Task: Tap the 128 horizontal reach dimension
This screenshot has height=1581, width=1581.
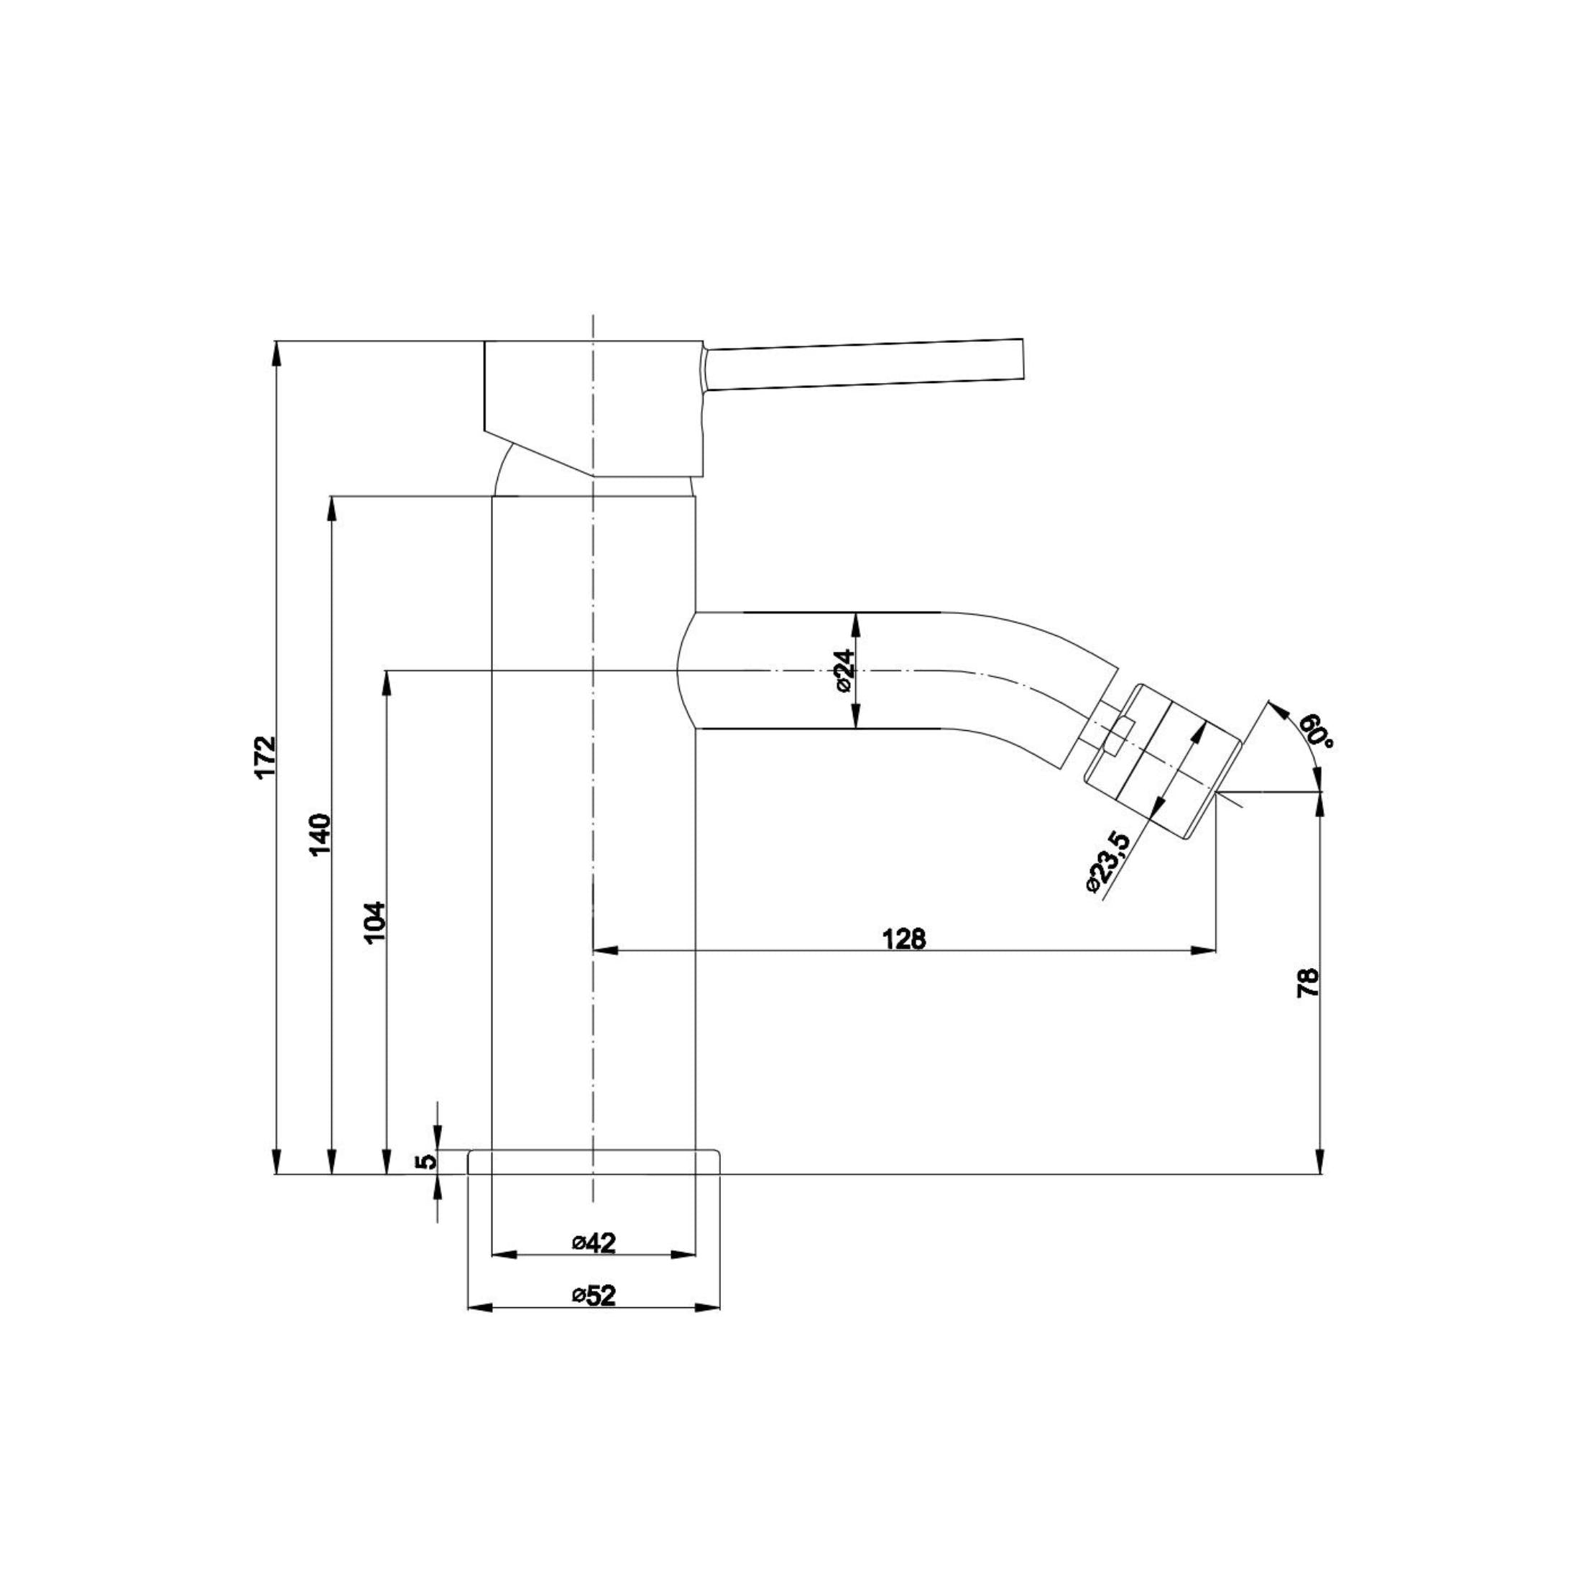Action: click(x=904, y=939)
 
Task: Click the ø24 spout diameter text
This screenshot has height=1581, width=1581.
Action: click(x=844, y=673)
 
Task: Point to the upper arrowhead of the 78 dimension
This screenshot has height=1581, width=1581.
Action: click(x=1320, y=804)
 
